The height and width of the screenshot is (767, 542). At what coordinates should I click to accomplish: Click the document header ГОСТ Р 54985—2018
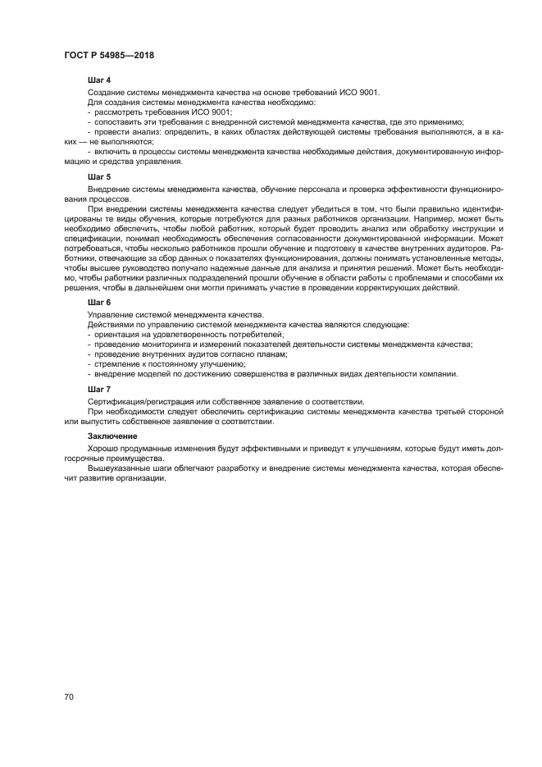[x=109, y=55]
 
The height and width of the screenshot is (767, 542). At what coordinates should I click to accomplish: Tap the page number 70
[x=70, y=696]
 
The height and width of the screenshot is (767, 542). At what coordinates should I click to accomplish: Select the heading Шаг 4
[x=99, y=80]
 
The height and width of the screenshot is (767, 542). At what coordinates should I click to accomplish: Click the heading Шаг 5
[x=99, y=176]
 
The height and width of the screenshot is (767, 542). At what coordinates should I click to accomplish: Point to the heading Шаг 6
[x=99, y=303]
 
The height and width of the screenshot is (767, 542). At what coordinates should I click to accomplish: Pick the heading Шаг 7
[x=99, y=388]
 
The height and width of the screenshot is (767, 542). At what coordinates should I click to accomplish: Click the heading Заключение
[x=113, y=436]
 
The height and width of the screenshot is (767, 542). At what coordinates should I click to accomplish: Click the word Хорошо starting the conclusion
[x=103, y=450]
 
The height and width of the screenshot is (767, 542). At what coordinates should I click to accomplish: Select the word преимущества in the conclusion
[x=119, y=459]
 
